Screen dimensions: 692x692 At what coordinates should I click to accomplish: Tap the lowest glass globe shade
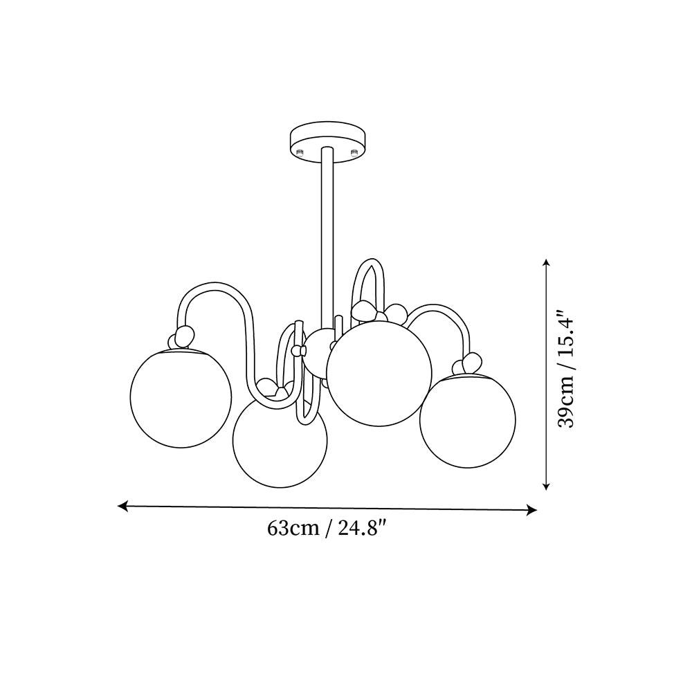(x=280, y=439)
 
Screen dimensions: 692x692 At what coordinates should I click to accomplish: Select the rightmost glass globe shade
(x=468, y=420)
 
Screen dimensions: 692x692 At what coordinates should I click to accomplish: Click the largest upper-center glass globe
(x=379, y=374)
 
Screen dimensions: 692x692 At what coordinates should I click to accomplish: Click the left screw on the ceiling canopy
(x=300, y=153)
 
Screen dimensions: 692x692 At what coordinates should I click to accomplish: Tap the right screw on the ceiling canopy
(x=353, y=153)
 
